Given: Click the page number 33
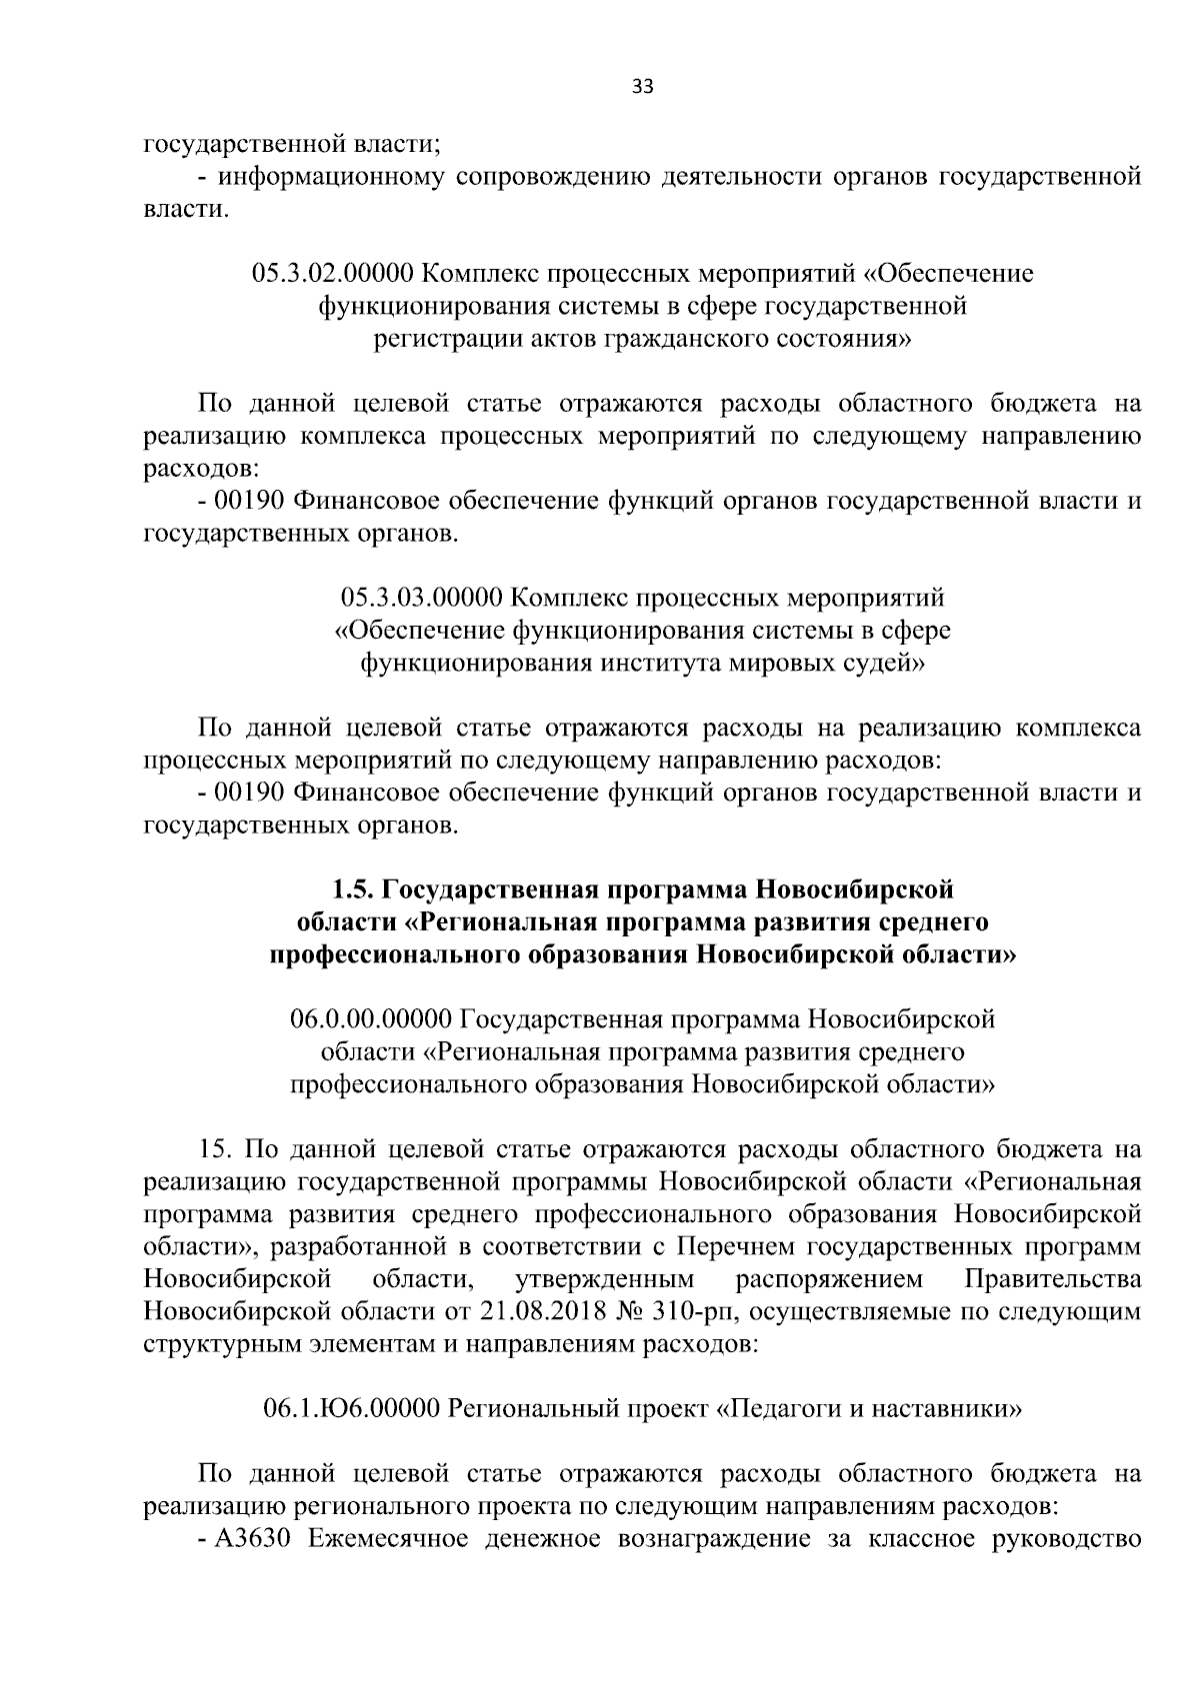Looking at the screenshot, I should point(642,88).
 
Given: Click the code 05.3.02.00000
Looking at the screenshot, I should point(334,273).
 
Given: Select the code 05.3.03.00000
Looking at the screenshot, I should point(421,598).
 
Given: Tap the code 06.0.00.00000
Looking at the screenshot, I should point(371,1019).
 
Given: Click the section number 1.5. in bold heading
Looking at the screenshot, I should point(353,888).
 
